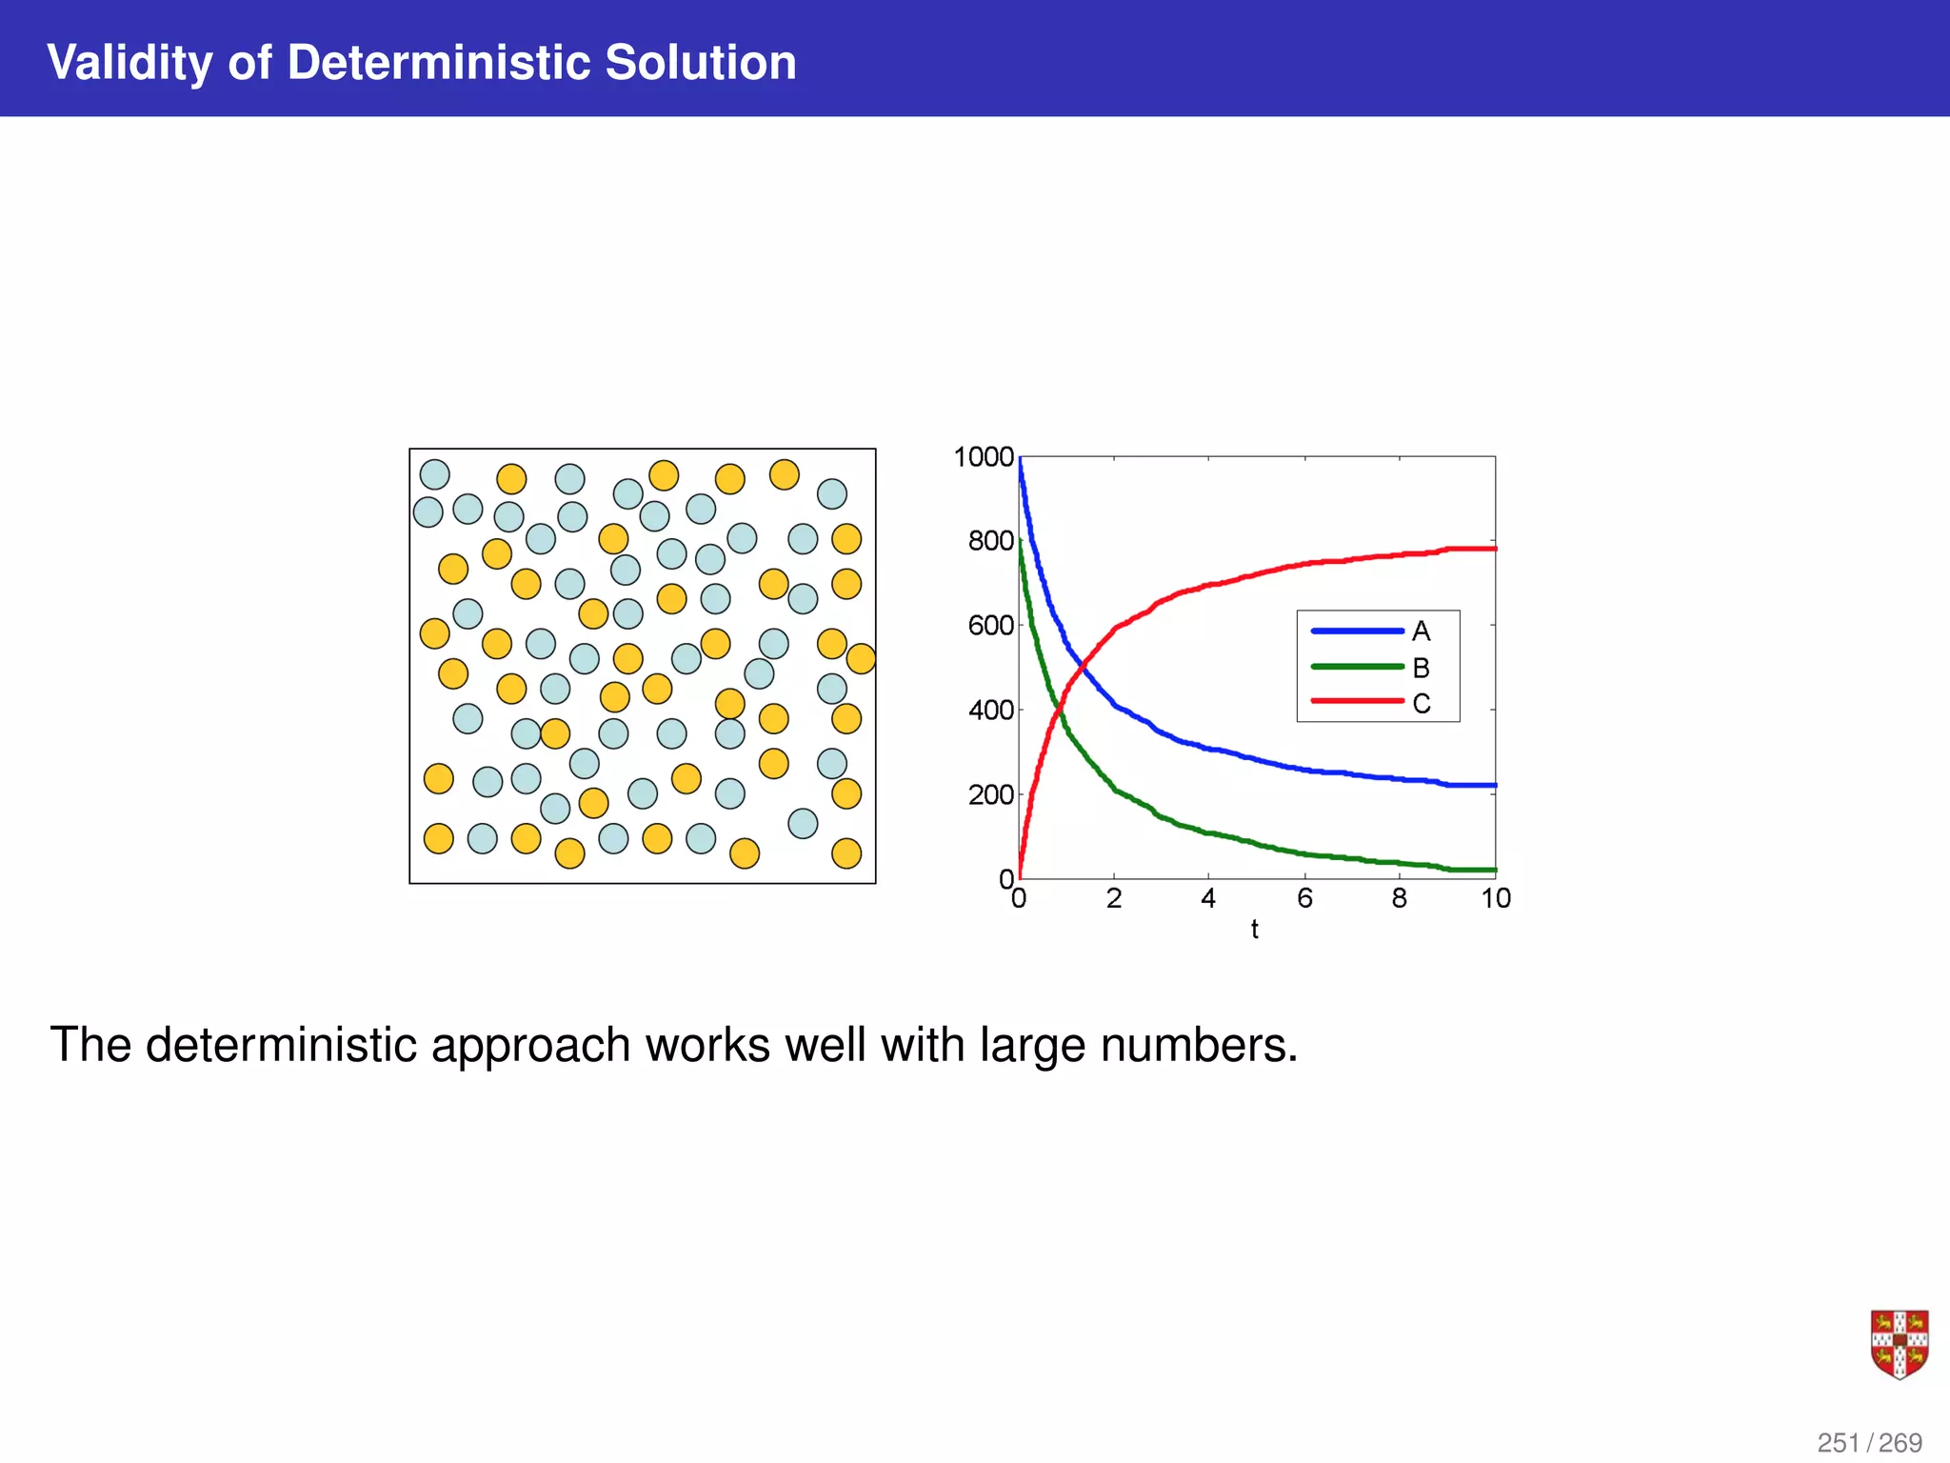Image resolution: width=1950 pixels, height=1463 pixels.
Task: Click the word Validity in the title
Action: coord(129,63)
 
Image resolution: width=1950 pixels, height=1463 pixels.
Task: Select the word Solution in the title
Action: coord(700,63)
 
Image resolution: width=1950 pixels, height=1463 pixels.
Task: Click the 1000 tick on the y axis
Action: coord(984,457)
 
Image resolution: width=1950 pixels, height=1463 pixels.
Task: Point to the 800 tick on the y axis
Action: coord(990,541)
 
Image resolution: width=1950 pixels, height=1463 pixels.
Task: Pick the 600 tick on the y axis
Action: coord(990,626)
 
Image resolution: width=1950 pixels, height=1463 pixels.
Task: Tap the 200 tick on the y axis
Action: coord(990,794)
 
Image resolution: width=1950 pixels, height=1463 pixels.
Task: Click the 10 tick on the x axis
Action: coord(1495,898)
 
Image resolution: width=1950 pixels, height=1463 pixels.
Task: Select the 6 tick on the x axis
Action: coord(1304,898)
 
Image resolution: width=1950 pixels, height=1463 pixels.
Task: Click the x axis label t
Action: coord(1254,930)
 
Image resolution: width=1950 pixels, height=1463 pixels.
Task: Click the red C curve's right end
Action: coord(1493,549)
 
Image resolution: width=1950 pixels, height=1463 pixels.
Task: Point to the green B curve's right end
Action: coord(1493,870)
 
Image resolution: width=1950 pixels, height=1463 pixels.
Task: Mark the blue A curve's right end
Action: coord(1493,786)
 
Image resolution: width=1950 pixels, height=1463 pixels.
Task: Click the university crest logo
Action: coord(1899,1344)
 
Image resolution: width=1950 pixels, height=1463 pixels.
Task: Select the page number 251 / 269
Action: coord(1869,1443)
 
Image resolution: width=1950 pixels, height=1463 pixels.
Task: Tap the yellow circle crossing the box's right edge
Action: coord(861,658)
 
